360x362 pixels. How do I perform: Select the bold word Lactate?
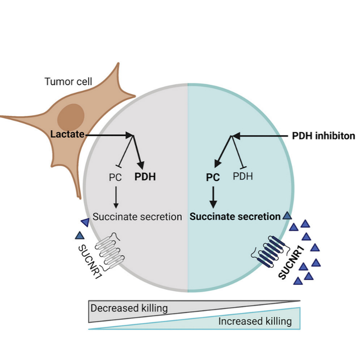point(67,134)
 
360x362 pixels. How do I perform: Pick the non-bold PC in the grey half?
point(115,177)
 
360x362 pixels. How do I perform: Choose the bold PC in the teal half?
point(213,177)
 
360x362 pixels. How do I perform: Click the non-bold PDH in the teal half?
point(243,177)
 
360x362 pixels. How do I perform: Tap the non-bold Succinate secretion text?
point(137,217)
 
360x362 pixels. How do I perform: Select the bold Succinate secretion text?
point(235,217)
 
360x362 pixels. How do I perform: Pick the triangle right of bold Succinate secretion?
point(287,216)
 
